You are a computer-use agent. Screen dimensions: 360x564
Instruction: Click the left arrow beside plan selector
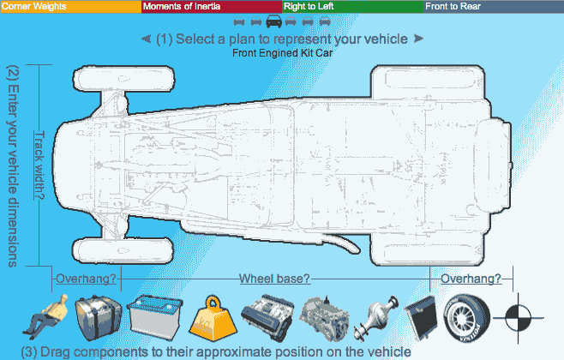(x=146, y=39)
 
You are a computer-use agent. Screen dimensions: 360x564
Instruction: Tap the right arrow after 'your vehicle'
(x=418, y=39)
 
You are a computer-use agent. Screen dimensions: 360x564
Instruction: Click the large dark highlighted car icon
(x=273, y=21)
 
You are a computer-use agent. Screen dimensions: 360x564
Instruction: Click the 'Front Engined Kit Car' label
(x=282, y=53)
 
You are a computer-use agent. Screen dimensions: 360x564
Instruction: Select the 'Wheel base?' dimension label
(x=274, y=279)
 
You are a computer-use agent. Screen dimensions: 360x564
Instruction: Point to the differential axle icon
(x=378, y=316)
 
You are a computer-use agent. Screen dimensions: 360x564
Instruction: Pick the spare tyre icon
(x=467, y=315)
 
